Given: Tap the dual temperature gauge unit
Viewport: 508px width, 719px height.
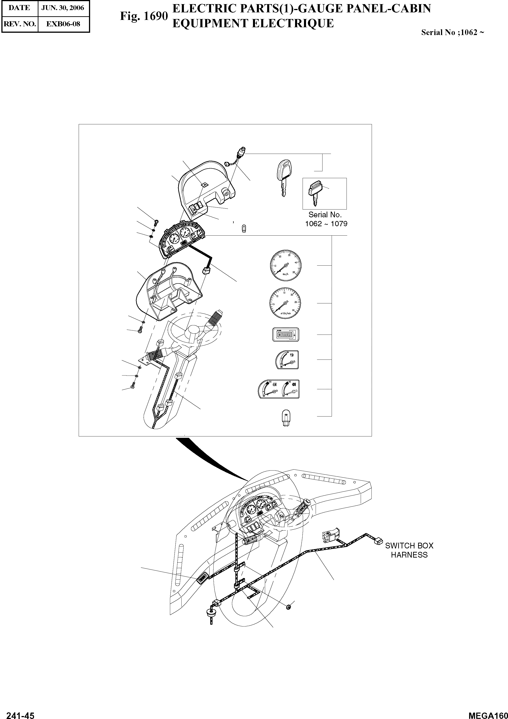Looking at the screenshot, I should [278, 389].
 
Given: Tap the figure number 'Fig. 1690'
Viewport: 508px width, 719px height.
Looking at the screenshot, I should [144, 16].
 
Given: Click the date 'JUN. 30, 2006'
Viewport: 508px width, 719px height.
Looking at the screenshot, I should [63, 8].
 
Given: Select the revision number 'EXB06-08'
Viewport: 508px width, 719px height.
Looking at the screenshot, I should [63, 24].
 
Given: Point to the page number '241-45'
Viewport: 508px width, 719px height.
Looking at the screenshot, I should [20, 714].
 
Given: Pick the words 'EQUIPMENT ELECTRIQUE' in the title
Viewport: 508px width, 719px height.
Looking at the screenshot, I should [253, 24].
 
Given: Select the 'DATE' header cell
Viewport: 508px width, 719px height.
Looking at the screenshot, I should [19, 8].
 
